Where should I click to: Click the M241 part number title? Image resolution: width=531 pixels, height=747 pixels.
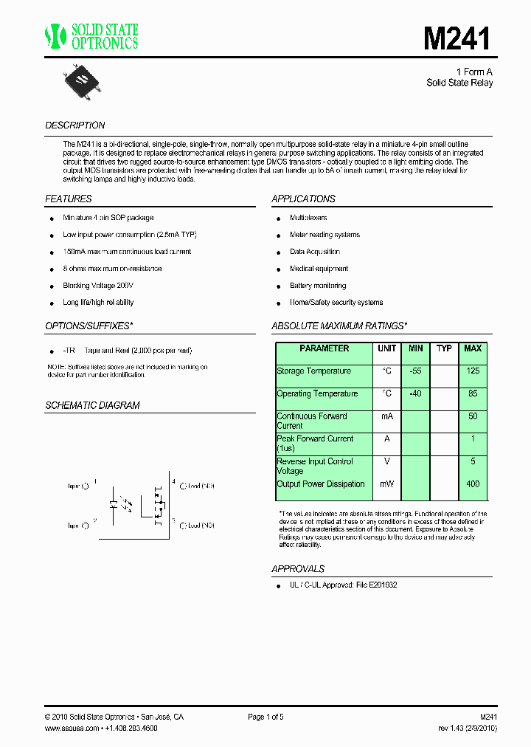457,38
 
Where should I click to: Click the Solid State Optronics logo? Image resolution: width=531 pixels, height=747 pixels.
91,36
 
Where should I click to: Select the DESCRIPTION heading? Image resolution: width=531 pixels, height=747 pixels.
75,125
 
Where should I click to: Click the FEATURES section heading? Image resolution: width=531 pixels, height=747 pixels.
69,199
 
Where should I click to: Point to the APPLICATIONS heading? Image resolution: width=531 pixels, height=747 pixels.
303,199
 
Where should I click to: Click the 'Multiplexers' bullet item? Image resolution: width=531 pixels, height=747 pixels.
308,218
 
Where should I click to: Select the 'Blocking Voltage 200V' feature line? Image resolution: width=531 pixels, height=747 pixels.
98,286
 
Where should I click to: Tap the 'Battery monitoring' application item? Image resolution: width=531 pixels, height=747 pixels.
318,286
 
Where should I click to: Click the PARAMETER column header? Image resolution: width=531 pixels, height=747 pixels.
324,348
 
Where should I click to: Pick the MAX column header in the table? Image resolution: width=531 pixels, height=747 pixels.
473,348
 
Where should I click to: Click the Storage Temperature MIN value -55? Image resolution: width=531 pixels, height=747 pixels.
416,371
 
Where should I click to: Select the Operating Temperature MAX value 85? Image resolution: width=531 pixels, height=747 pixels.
473,394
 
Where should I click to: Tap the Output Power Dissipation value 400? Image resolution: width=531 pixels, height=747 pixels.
473,484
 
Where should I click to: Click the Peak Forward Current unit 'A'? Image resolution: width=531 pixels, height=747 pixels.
387,439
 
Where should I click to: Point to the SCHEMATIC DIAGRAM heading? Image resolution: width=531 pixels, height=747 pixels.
92,405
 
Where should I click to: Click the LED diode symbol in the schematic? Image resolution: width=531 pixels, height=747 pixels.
113,505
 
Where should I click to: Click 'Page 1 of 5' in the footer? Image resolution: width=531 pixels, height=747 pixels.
265,717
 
